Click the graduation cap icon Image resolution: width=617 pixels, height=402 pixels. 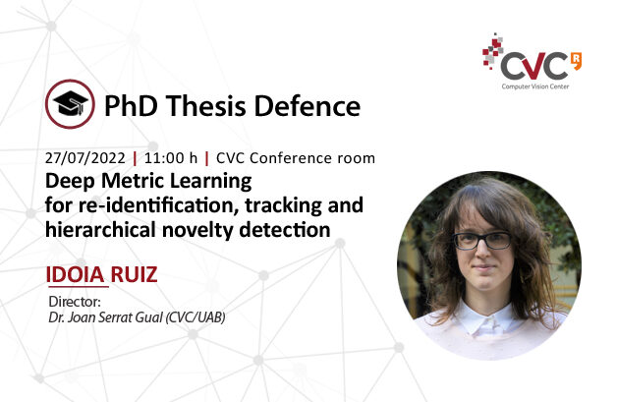click(x=70, y=104)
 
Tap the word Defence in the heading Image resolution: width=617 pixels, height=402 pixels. click(x=308, y=106)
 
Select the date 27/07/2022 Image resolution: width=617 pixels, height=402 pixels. click(x=85, y=158)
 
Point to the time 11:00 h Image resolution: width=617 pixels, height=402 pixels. click(x=171, y=158)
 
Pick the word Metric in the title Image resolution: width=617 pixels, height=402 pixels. click(x=129, y=181)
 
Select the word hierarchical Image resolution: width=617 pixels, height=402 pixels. click(x=100, y=230)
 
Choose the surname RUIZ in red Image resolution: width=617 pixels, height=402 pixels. click(x=134, y=274)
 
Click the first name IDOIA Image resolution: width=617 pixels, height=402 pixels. click(x=75, y=274)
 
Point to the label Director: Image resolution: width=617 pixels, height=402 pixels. click(x=75, y=302)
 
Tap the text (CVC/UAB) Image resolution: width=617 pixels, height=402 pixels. click(x=196, y=317)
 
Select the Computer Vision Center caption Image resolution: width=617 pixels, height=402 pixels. click(x=535, y=86)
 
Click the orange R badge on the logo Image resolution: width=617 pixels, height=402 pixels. click(x=576, y=61)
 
